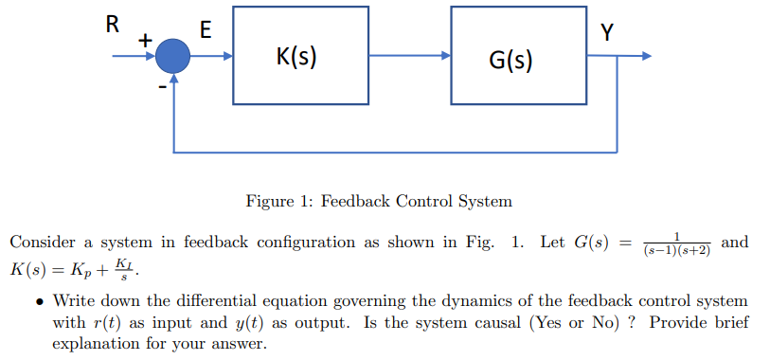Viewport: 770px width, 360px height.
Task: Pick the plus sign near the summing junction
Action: point(145,40)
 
